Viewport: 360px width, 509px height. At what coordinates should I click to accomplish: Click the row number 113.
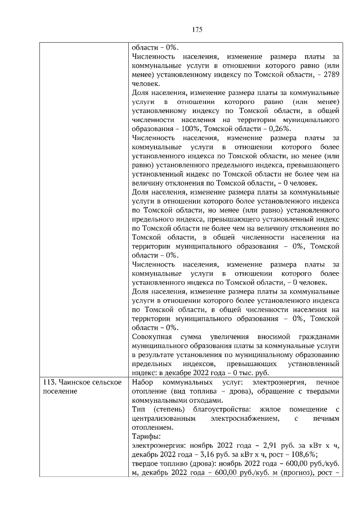click(51, 382)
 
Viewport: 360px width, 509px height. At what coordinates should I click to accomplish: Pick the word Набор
click(142, 382)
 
